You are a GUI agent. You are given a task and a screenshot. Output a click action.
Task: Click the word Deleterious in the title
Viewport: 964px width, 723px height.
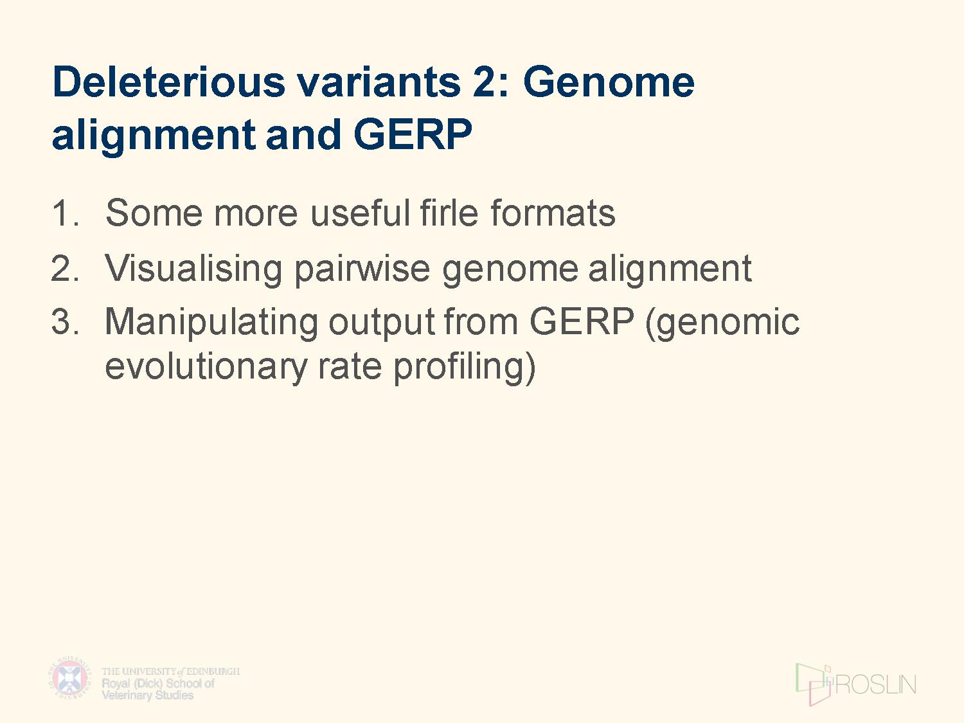(169, 82)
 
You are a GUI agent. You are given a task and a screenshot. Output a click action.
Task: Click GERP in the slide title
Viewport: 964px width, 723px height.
(413, 134)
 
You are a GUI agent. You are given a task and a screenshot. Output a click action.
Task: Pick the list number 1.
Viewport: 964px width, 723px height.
(65, 213)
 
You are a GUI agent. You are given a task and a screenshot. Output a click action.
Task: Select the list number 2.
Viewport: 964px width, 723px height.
(65, 268)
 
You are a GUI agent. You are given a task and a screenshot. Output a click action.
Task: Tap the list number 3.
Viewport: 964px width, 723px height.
(66, 322)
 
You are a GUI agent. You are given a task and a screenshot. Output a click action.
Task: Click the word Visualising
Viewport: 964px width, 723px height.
(193, 268)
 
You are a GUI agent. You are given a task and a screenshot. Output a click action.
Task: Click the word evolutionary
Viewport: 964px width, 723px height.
(206, 366)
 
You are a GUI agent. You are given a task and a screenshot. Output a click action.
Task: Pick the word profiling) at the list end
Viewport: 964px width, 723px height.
(465, 366)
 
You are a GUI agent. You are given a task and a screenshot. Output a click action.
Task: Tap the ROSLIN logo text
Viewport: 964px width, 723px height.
(876, 684)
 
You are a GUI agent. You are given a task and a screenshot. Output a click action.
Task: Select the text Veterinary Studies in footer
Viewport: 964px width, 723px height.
(148, 695)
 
